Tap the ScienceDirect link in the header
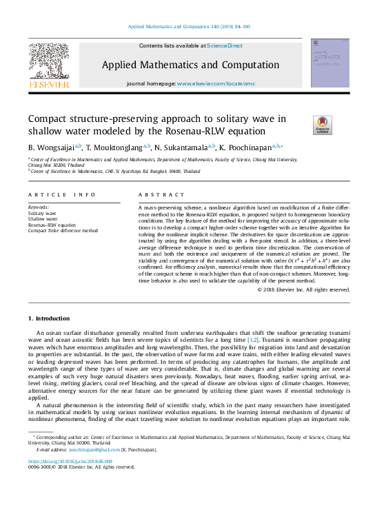(x=225, y=45)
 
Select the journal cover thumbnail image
(x=330, y=63)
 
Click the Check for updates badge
(x=321, y=125)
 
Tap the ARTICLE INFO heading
(x=61, y=195)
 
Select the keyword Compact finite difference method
(x=63, y=231)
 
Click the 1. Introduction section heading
(x=49, y=318)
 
